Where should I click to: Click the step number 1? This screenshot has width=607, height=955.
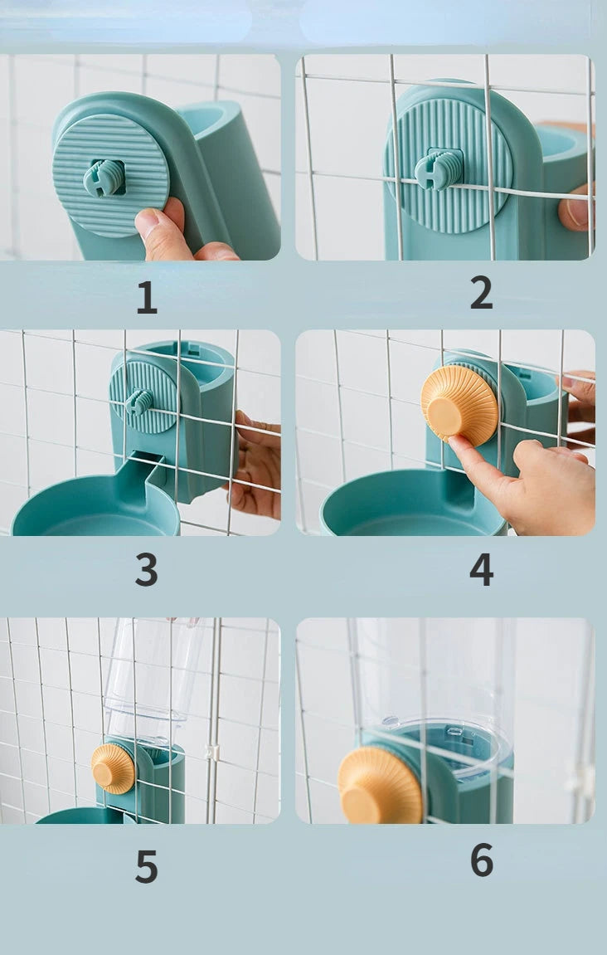(147, 297)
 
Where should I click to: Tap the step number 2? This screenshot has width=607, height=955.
(481, 292)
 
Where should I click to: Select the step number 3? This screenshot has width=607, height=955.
(146, 569)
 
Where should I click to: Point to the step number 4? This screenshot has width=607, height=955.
(481, 569)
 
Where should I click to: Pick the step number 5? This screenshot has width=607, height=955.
(146, 866)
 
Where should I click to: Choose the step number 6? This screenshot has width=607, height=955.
(482, 860)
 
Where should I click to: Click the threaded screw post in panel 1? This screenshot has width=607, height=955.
(104, 178)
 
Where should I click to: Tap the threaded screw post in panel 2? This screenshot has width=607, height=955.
(438, 168)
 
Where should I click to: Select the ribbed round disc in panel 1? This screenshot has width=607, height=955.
(110, 175)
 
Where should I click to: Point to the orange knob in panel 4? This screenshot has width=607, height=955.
(459, 406)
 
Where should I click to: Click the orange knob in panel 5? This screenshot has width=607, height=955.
(113, 768)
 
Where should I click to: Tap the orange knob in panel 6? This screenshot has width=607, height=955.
(380, 787)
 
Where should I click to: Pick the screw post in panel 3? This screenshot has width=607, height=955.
(139, 402)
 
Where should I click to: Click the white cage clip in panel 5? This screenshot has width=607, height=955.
(211, 753)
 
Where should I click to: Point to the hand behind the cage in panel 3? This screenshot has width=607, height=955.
(255, 463)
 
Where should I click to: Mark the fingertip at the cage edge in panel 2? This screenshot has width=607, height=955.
(575, 210)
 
